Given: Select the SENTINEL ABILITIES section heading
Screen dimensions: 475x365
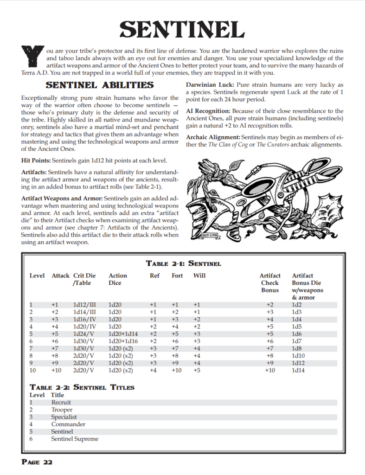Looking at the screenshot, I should pyautogui.click(x=100, y=85).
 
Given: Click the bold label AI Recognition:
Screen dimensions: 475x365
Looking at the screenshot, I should pyautogui.click(x=208, y=111).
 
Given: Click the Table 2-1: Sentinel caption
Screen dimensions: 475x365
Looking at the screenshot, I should pyautogui.click(x=183, y=263).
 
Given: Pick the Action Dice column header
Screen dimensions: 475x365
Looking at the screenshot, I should pyautogui.click(x=118, y=279).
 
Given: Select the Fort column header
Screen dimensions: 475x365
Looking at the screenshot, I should pyautogui.click(x=177, y=276).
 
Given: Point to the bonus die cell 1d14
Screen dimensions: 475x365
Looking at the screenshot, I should pyautogui.click(x=298, y=371).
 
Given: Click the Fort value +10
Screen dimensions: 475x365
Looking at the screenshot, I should pyautogui.click(x=177, y=371).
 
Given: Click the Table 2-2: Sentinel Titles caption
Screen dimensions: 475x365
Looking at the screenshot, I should pyautogui.click(x=82, y=387).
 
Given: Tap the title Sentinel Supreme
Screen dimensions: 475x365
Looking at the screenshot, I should pyautogui.click(x=75, y=439).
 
